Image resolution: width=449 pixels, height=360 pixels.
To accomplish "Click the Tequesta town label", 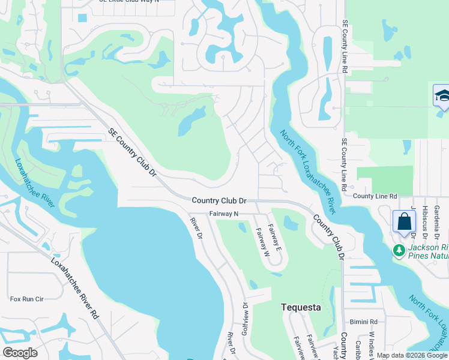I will point(301,307).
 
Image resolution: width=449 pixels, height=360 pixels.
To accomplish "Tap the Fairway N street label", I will point(224,214).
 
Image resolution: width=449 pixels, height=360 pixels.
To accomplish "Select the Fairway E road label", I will point(275,237).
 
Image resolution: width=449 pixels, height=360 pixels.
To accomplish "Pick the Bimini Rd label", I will point(365,322).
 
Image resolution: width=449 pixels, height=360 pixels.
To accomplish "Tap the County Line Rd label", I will point(375,196).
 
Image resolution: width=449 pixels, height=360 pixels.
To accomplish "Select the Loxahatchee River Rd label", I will point(74,287).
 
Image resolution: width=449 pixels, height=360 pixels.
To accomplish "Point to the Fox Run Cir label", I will point(27,298).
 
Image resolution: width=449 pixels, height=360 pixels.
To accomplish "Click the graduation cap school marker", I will point(442,95).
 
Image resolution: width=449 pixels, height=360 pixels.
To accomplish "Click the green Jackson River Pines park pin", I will point(399,249).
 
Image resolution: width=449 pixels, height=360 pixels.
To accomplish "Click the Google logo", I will point(20,353).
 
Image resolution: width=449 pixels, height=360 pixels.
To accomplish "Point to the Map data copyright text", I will point(412,355).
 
